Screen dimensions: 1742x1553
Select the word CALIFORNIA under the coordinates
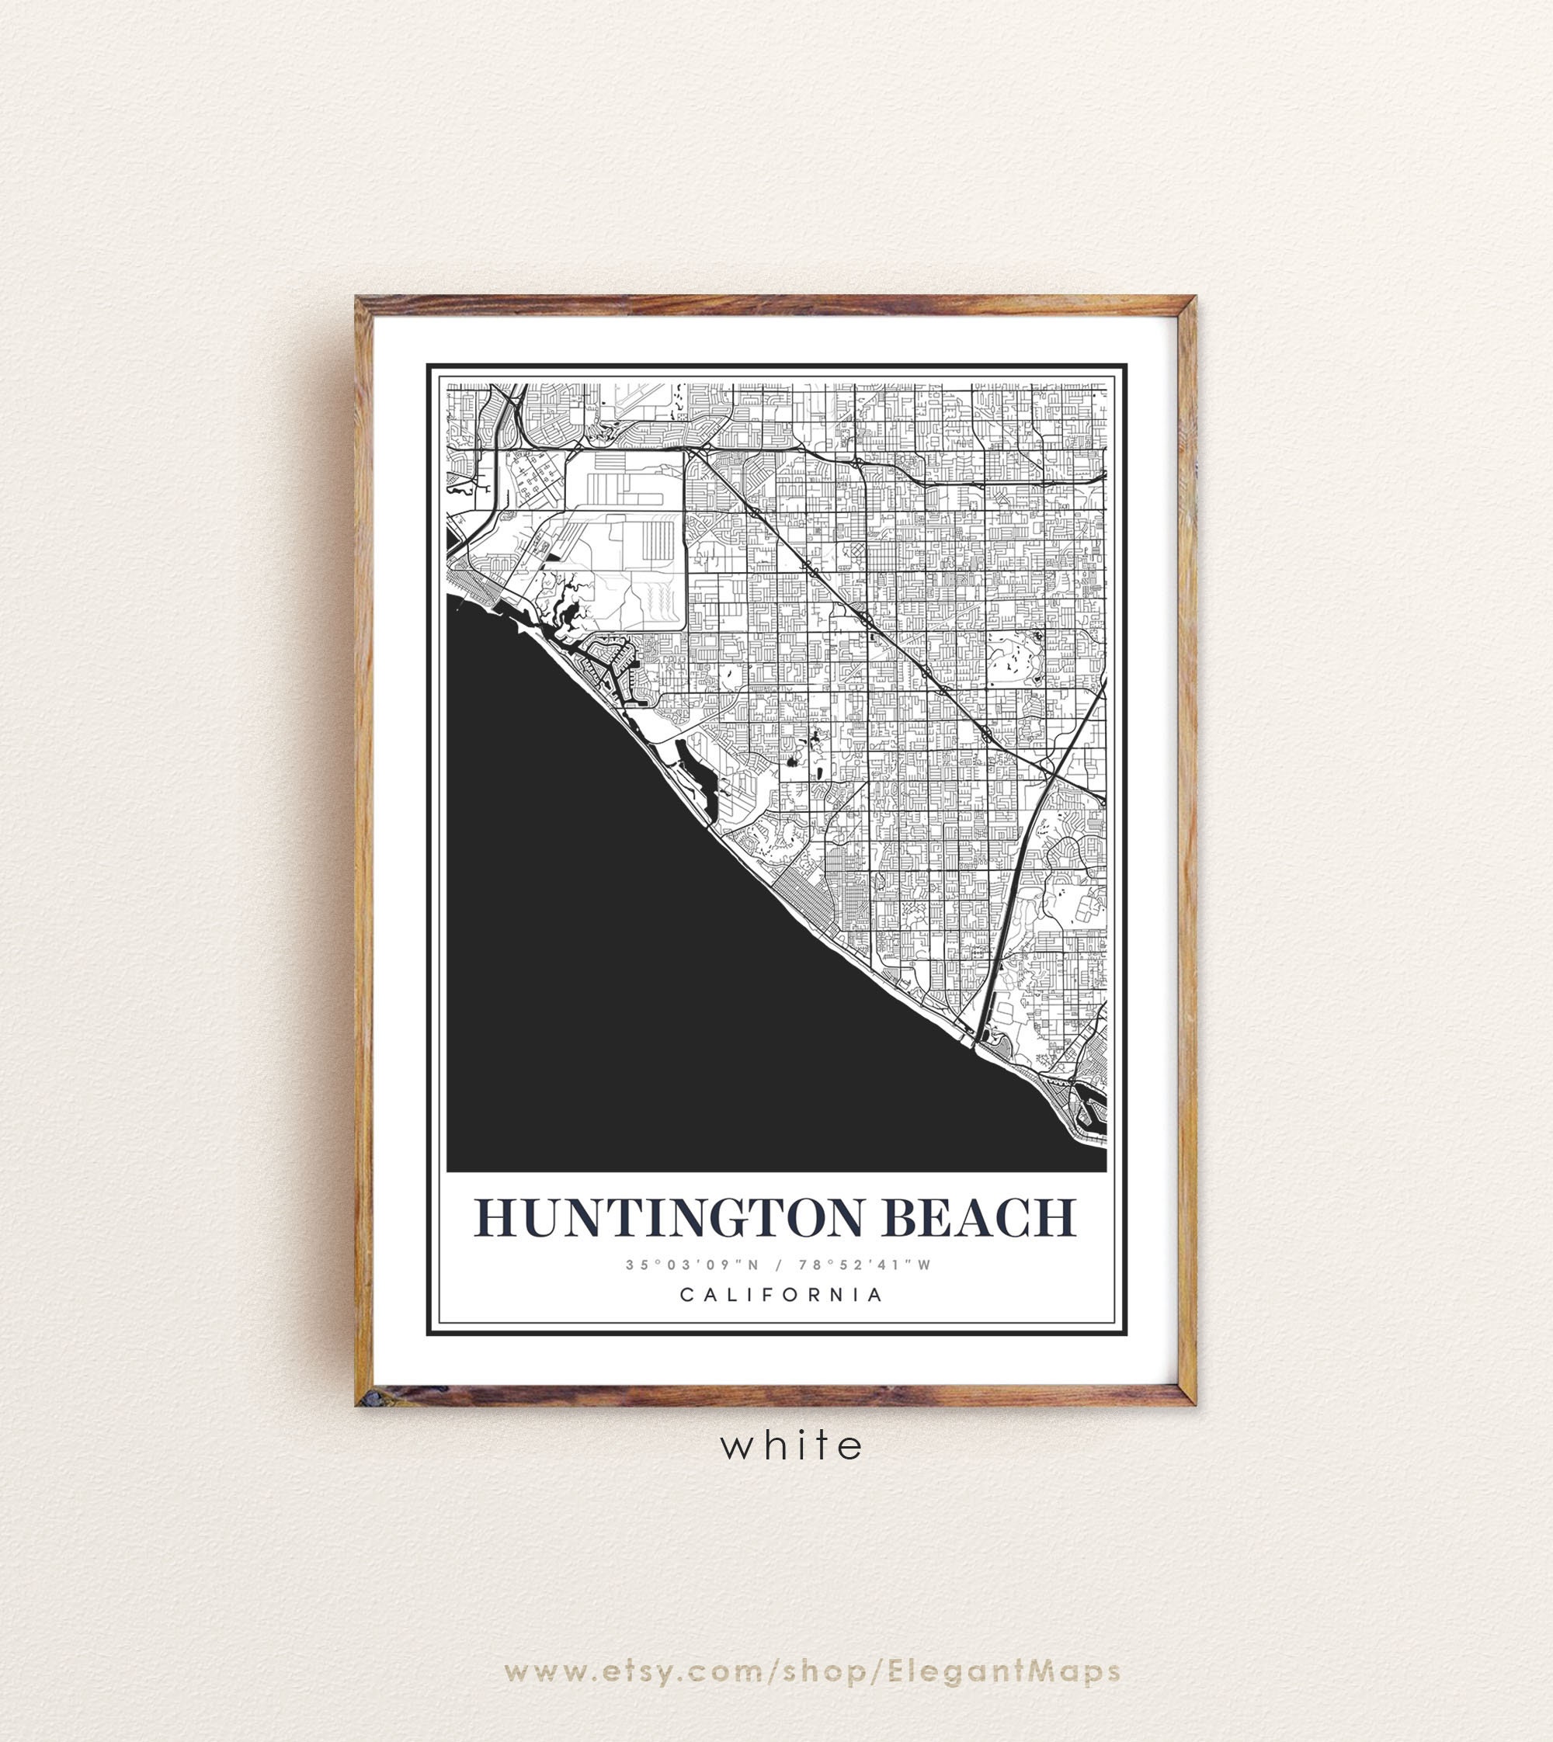[x=780, y=1295]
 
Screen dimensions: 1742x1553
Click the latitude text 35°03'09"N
[x=692, y=1265]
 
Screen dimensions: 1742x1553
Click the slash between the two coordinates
[x=778, y=1265]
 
